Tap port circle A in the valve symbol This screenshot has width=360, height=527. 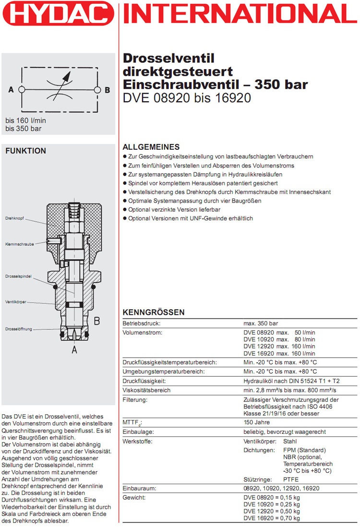[x=22, y=89]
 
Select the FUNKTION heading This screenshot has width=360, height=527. [x=25, y=151]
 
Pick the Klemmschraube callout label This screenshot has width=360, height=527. [x=19, y=244]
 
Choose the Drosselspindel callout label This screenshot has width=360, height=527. [x=18, y=277]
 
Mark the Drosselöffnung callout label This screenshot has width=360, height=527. [x=19, y=329]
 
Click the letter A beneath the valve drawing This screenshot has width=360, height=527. [x=74, y=350]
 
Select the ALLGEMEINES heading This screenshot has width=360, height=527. [x=151, y=147]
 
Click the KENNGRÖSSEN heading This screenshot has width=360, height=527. [x=154, y=312]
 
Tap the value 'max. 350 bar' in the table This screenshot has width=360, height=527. [x=261, y=323]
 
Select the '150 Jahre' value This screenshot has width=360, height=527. [x=256, y=422]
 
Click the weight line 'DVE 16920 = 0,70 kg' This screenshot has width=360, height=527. [x=272, y=518]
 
